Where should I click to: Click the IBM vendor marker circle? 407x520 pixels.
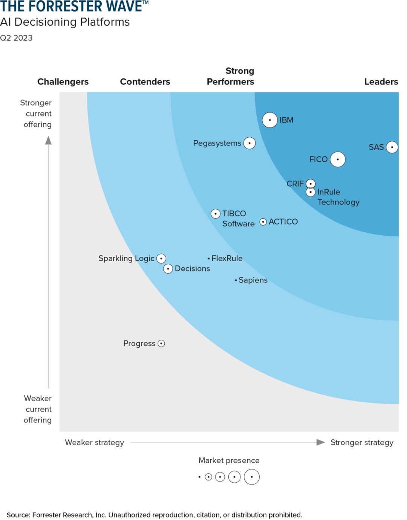coord(270,120)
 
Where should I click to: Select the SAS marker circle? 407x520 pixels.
coord(392,147)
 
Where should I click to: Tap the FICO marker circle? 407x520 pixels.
coord(338,160)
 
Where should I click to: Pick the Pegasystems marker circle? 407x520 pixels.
coord(249,143)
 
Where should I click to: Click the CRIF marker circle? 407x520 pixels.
coord(311,184)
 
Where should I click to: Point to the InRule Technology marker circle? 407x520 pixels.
coord(311,192)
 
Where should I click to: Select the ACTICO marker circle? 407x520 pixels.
coord(263,222)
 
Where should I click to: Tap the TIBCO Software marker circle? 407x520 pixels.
coord(216,214)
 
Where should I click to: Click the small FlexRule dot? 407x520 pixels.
coord(209,259)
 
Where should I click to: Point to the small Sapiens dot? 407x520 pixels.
coord(236,280)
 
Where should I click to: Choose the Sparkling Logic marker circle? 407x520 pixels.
coord(161,258)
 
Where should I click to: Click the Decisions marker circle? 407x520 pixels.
coord(168,268)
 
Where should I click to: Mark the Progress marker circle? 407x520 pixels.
coord(161,344)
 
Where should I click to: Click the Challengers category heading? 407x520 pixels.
coord(63,82)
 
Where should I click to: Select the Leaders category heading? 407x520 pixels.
coord(381,82)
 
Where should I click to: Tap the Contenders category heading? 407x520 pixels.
coord(145,82)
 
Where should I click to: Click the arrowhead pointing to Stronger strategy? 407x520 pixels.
coord(320,442)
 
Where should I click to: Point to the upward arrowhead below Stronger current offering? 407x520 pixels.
coord(48,141)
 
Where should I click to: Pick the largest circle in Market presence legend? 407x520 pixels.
coord(252,477)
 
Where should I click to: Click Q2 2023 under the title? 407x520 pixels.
coord(16,38)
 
